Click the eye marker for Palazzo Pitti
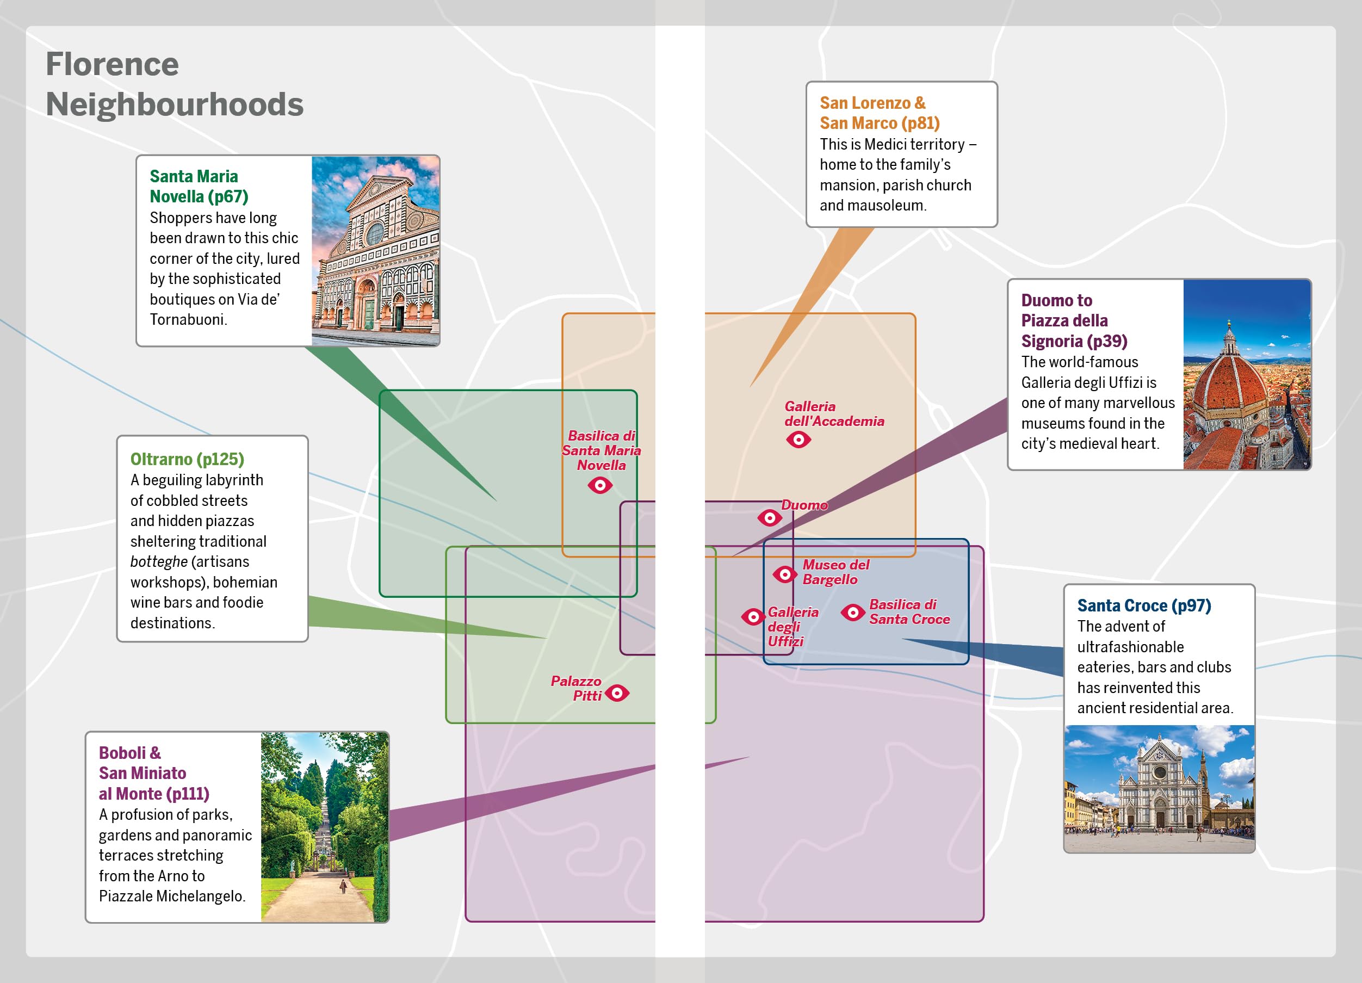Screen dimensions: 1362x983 click(x=617, y=693)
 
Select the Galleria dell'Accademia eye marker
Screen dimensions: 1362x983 click(x=798, y=440)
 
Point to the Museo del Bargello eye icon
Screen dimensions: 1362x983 click(x=784, y=574)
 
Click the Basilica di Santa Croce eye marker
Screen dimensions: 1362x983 click(x=853, y=613)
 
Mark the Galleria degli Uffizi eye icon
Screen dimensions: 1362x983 click(x=752, y=616)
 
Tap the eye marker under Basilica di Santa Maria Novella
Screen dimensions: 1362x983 click(x=600, y=485)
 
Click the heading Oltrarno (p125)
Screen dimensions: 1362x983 click(x=187, y=459)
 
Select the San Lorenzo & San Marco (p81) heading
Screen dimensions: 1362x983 click(x=880, y=113)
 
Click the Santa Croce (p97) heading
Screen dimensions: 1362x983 click(x=1144, y=605)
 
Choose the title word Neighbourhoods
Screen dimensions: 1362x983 click(x=175, y=104)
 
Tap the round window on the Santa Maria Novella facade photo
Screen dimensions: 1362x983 click(x=375, y=233)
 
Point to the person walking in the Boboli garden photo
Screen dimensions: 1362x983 click(x=343, y=886)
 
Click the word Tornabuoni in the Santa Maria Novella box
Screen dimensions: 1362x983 click(x=187, y=319)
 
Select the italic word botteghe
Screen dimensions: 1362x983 click(x=158, y=562)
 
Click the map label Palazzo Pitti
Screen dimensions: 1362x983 click(x=576, y=688)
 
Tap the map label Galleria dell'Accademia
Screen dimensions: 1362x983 click(x=834, y=414)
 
